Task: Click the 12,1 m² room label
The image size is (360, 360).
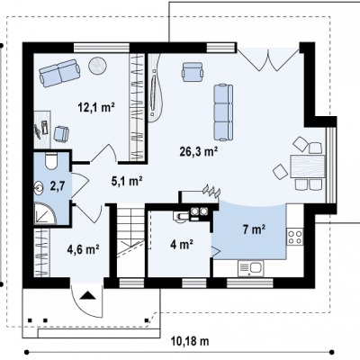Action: tap(96, 107)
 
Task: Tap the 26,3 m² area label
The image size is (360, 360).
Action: tap(199, 152)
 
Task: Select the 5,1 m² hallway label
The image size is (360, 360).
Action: tap(127, 181)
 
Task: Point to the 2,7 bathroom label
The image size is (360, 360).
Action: tap(58, 186)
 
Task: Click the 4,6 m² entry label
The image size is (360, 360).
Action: tap(83, 248)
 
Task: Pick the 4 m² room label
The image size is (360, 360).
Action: tap(182, 245)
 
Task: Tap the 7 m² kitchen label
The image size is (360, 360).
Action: tap(254, 229)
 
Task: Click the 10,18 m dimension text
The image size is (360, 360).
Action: tap(190, 341)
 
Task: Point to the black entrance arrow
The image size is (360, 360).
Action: tap(87, 295)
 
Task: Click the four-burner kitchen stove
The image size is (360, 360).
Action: tap(295, 237)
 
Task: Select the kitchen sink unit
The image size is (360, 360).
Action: tap(251, 268)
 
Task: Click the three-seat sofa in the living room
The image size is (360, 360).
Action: tap(223, 112)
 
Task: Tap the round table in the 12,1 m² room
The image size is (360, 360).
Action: tap(98, 65)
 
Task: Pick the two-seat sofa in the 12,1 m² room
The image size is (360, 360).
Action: tap(59, 73)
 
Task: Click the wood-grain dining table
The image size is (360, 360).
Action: tap(308, 166)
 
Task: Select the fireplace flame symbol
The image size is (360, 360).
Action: tap(211, 191)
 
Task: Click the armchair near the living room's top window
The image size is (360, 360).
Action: tap(193, 71)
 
